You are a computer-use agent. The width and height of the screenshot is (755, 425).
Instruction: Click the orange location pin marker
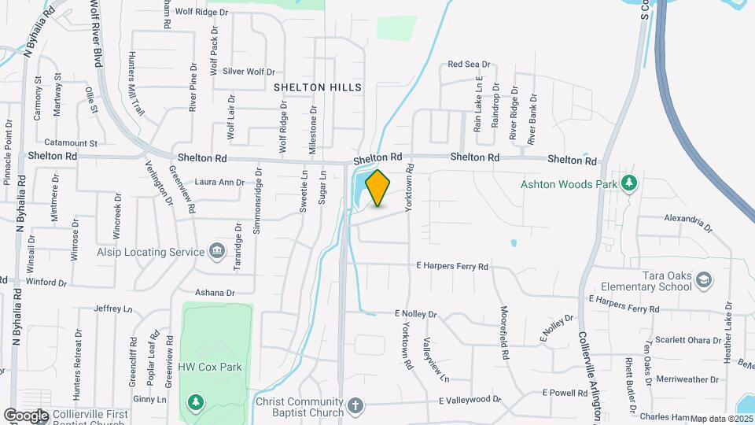point(377,188)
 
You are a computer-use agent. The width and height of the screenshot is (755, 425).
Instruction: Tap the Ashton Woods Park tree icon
point(628,184)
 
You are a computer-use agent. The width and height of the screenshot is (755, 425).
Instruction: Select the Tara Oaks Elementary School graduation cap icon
point(704,280)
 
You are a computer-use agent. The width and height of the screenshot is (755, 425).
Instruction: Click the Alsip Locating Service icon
point(217,252)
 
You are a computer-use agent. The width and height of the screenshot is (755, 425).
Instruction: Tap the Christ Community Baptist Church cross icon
point(355,407)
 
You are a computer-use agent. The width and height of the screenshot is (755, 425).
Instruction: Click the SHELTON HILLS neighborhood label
point(318,87)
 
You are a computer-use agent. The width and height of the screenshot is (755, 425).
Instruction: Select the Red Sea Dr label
point(469,65)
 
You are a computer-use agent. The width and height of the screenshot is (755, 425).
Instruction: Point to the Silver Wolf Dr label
point(248,71)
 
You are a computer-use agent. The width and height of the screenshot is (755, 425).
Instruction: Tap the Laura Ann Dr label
point(220,182)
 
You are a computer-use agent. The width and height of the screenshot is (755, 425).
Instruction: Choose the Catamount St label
point(70,143)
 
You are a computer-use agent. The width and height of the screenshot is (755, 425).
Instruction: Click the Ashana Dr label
point(215,293)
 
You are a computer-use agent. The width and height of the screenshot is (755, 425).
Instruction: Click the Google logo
point(25,415)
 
